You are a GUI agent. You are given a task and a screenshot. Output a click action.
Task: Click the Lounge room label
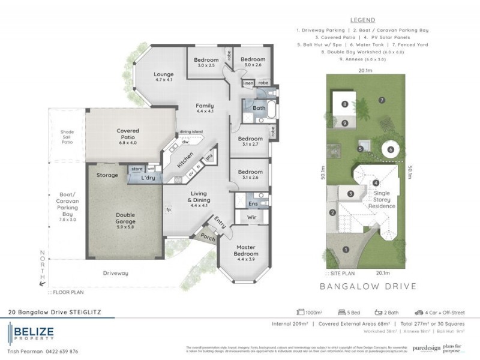[x=164, y=76]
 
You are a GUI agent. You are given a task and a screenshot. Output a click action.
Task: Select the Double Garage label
[x=125, y=218]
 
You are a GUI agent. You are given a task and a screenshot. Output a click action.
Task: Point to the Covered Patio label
[x=128, y=134]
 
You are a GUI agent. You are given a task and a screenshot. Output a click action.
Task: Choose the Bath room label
[x=259, y=109]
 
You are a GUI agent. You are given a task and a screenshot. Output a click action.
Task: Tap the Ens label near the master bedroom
[x=254, y=204]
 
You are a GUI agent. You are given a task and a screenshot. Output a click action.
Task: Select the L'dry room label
[x=148, y=178]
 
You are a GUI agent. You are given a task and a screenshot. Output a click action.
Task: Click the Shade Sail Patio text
[x=67, y=137]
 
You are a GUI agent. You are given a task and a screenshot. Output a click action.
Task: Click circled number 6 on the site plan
[x=390, y=149]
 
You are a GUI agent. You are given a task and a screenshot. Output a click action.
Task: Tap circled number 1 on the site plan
[x=346, y=250]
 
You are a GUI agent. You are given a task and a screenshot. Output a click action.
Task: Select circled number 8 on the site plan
[x=345, y=104]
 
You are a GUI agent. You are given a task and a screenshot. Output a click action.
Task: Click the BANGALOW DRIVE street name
[x=366, y=286]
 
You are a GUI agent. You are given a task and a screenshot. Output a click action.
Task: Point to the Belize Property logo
[x=31, y=333]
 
